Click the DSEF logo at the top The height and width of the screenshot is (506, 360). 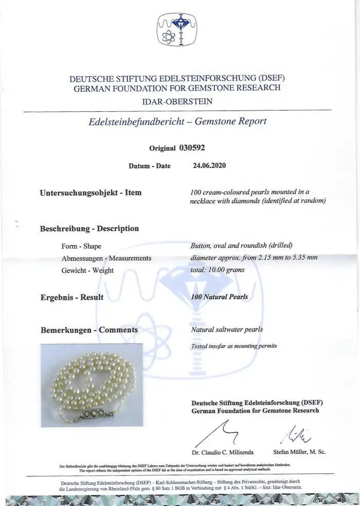click(177, 30)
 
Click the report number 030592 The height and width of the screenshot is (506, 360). click(191, 148)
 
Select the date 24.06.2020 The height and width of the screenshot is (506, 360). click(209, 166)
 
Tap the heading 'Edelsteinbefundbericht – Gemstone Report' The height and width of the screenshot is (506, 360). click(177, 121)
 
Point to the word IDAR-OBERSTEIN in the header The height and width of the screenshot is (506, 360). click(177, 101)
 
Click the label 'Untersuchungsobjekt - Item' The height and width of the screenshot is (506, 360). click(91, 193)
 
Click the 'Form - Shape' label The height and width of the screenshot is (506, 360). click(81, 247)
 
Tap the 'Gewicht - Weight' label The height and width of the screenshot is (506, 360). click(87, 270)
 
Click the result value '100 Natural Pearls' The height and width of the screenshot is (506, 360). click(219, 296)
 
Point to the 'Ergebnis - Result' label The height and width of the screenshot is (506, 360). click(72, 297)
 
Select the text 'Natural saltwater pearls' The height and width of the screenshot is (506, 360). click(227, 329)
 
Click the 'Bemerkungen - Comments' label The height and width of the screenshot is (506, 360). click(89, 329)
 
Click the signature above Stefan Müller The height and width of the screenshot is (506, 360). click(299, 435)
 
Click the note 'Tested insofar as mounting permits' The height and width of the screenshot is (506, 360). click(234, 346)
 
